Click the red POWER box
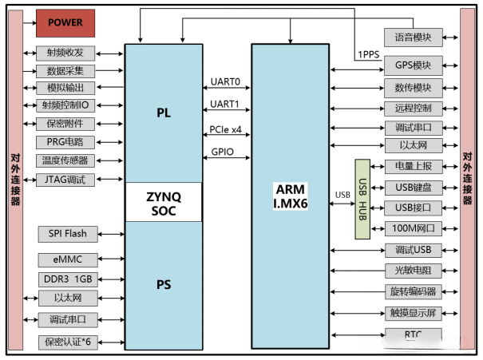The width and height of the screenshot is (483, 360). click(65, 22)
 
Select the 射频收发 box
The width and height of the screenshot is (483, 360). click(65, 53)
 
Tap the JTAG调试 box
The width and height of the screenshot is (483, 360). click(65, 180)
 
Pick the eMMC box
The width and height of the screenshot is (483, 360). click(65, 259)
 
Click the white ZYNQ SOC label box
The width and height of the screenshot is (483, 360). click(164, 203)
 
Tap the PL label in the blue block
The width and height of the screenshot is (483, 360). click(164, 113)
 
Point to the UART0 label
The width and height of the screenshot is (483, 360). click(224, 82)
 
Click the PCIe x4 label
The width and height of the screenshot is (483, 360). click(224, 128)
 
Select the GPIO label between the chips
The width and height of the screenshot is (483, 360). click(222, 151)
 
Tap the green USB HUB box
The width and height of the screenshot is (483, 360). click(363, 200)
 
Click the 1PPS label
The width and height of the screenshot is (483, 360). click(368, 54)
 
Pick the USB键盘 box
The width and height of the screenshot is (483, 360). click(413, 188)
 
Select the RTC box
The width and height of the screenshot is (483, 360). click(413, 334)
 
